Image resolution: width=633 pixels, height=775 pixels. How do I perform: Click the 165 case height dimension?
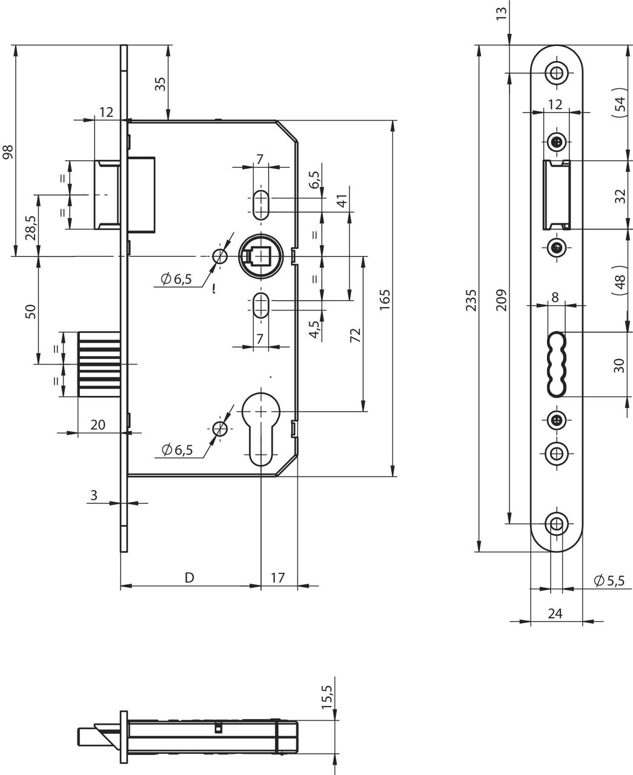pyautogui.click(x=386, y=298)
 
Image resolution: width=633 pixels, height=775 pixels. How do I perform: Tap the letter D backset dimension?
pyautogui.click(x=189, y=578)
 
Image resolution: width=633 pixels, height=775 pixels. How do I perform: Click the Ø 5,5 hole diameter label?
pyautogui.click(x=609, y=581)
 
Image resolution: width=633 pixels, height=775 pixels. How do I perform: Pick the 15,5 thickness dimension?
pyautogui.click(x=327, y=697)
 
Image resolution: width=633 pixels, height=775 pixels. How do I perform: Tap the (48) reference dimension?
pyautogui.click(x=619, y=280)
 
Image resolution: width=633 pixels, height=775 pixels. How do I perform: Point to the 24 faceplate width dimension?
pyautogui.click(x=555, y=613)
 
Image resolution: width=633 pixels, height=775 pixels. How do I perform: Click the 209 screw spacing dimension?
pyautogui.click(x=501, y=299)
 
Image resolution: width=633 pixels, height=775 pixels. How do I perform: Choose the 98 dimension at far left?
pyautogui.click(x=7, y=151)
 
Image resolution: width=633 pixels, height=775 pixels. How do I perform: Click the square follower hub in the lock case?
pyautogui.click(x=260, y=257)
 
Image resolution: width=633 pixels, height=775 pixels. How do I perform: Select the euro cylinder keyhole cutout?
pyautogui.click(x=260, y=424)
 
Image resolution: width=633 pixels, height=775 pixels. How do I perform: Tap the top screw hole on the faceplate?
pyautogui.click(x=556, y=73)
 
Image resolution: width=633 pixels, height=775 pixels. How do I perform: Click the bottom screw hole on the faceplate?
pyautogui.click(x=556, y=524)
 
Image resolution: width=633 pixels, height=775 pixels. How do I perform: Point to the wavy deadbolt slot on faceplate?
pyautogui.click(x=556, y=364)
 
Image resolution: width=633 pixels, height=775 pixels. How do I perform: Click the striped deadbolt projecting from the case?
pyautogui.click(x=100, y=364)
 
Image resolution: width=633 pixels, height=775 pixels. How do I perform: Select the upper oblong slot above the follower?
pyautogui.click(x=260, y=204)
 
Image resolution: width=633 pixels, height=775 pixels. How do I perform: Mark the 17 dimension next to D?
pyautogui.click(x=277, y=578)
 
